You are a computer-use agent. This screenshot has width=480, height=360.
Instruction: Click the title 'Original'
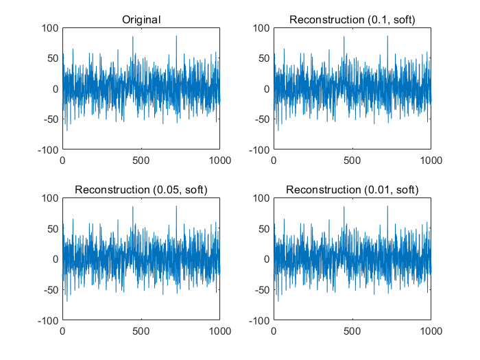141,20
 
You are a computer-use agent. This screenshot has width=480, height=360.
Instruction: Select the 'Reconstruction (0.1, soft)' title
352,20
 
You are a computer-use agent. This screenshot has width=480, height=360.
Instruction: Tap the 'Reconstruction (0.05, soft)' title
141,189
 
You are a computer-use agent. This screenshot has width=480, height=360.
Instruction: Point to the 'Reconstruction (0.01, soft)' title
352,189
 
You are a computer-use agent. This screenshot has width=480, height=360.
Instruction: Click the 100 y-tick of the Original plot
51,28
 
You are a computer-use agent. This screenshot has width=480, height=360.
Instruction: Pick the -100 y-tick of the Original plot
49,149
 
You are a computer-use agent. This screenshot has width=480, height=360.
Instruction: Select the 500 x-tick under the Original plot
141,160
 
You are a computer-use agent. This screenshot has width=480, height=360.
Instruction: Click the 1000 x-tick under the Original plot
220,160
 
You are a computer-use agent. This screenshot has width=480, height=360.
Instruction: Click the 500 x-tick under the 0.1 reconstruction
352,160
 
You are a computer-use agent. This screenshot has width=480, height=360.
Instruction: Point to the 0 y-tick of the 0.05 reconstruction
56,259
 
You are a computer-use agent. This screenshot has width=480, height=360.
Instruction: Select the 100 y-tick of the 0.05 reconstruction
51,198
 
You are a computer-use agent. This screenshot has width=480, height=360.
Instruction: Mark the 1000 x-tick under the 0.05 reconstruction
220,330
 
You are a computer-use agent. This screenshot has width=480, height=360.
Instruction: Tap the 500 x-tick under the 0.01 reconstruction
352,330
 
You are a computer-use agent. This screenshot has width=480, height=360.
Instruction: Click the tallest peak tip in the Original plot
176,36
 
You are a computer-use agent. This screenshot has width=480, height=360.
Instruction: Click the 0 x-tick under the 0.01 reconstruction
274,330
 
